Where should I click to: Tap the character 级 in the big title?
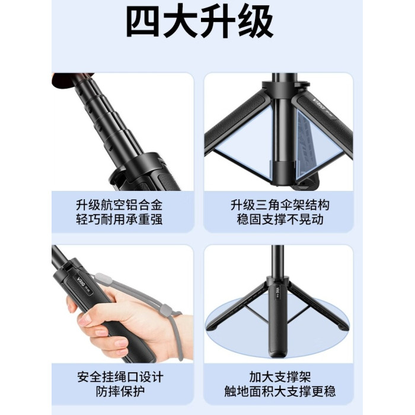tap(256, 22)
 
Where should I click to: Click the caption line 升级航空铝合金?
tap(119, 205)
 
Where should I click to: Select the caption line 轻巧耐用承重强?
tap(119, 219)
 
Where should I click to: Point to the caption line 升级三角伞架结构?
tap(280, 205)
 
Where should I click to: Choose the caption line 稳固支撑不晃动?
tap(280, 219)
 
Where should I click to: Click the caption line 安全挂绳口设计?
tap(120, 376)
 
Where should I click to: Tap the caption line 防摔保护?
tap(120, 391)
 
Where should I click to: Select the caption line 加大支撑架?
tap(280, 376)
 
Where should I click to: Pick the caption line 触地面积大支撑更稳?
tap(280, 391)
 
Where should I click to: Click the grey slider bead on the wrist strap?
tap(165, 311)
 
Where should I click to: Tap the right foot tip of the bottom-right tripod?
tap(341, 327)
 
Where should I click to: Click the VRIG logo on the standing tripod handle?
tap(277, 290)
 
